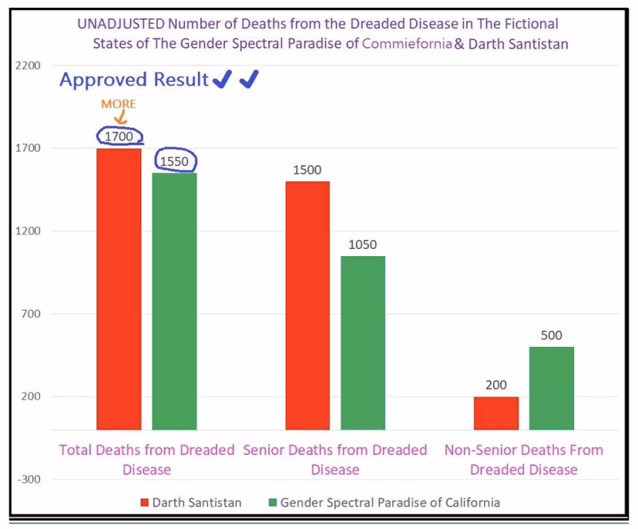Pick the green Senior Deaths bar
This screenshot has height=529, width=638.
point(363,343)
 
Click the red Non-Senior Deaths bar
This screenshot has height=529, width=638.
point(496,413)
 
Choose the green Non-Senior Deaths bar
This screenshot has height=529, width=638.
point(552,388)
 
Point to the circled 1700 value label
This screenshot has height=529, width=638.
point(119,136)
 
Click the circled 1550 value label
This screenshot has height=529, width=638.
point(175,161)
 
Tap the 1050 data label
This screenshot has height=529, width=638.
point(363,245)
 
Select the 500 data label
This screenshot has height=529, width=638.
point(552,335)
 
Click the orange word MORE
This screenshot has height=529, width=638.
point(118,105)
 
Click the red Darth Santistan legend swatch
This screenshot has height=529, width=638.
point(144,503)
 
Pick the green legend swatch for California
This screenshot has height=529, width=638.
point(273,503)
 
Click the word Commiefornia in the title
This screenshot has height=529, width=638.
point(406,45)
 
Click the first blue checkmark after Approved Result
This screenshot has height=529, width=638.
point(223,79)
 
